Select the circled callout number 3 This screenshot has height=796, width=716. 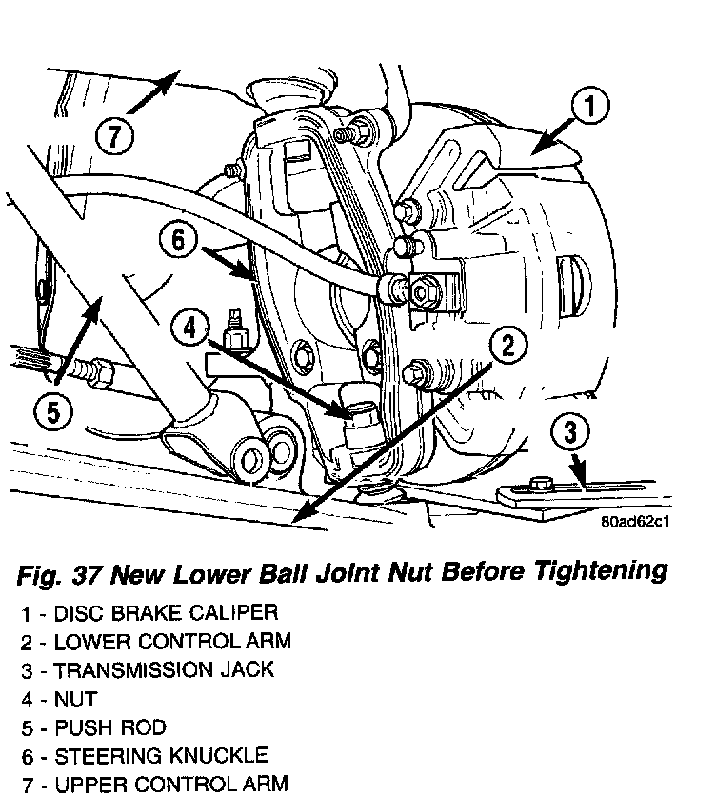click(x=569, y=433)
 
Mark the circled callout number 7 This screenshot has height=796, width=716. click(x=113, y=138)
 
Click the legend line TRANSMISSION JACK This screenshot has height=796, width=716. click(x=147, y=669)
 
